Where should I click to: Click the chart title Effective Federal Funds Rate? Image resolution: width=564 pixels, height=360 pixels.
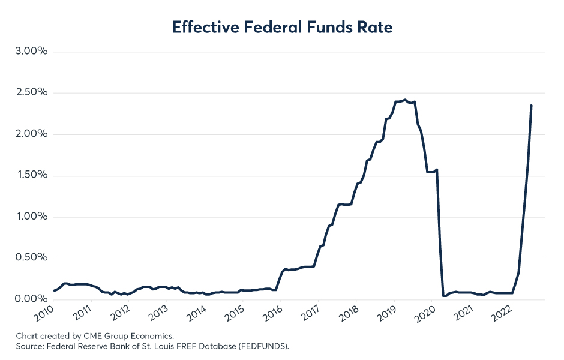tap(283, 27)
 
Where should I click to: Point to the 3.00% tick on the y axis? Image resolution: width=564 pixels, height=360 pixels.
tap(31, 51)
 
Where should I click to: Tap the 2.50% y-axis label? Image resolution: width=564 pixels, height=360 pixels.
tap(32, 92)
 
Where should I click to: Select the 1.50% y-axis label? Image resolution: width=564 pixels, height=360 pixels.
tap(32, 175)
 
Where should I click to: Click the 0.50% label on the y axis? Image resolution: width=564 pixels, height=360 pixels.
tap(31, 257)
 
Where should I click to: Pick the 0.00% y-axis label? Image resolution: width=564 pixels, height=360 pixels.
tap(31, 299)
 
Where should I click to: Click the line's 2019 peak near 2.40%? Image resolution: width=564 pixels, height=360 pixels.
tap(405, 100)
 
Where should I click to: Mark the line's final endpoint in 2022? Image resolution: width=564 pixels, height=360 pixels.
tap(531, 106)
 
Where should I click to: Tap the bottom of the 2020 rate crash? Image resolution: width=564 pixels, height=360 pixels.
tap(444, 296)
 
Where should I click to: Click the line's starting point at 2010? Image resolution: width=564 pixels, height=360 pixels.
tap(54, 290)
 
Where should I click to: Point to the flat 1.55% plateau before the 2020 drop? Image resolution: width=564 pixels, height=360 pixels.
tap(431, 172)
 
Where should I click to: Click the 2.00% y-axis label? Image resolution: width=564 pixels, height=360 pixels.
tap(32, 134)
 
